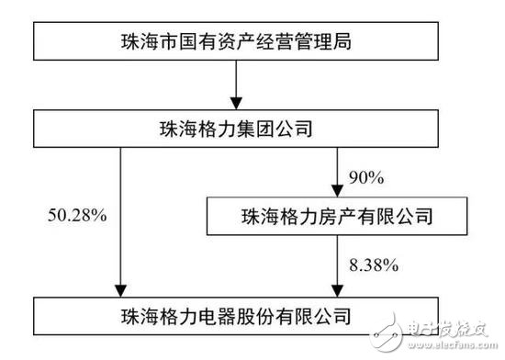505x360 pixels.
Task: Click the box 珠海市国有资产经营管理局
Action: pyautogui.click(x=237, y=42)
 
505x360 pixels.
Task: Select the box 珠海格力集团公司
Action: pyautogui.click(x=237, y=129)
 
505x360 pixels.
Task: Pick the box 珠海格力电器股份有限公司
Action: pyautogui.click(x=237, y=316)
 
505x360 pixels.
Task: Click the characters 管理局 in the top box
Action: pyautogui.click(x=326, y=42)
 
